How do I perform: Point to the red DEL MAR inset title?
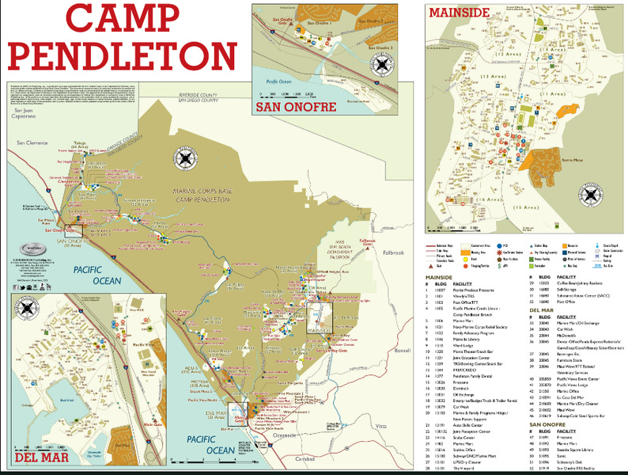(40, 457)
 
